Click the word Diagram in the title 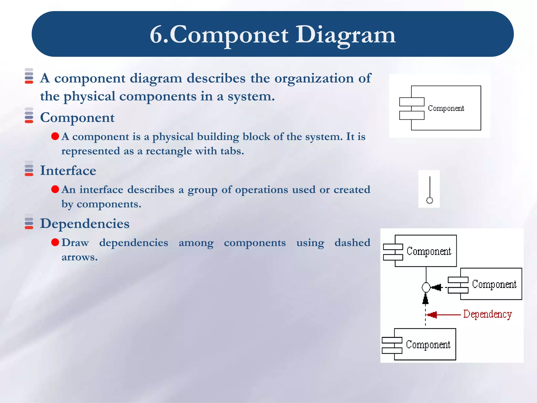coord(345,35)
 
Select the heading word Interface coord(68,171)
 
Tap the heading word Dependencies coord(84,224)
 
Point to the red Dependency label coord(487,314)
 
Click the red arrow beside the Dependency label coord(443,315)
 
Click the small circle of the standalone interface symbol coord(429,200)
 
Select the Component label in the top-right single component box coord(446,108)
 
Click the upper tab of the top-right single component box coord(412,102)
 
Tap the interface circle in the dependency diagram coord(426,287)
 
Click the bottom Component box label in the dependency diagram coord(428,344)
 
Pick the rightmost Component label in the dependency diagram coord(494,284)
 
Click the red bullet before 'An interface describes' coord(55,189)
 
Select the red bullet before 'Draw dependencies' coord(55,242)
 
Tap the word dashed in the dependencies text coord(352,242)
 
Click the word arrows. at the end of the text coord(79,257)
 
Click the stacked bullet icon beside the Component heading coord(29,115)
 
